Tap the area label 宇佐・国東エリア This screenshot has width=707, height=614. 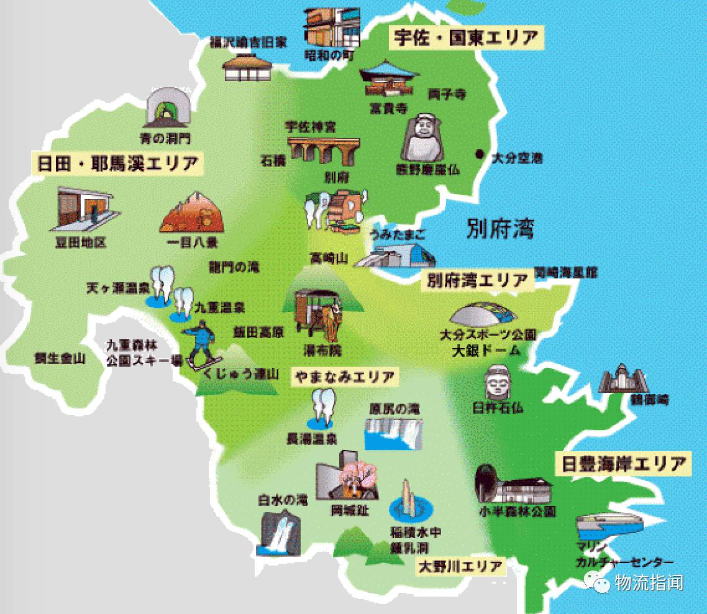pos(465,38)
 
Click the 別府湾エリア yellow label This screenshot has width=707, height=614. pos(477,281)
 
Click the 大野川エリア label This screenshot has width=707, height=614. pos(460,567)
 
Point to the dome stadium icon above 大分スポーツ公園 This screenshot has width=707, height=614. pos(483,314)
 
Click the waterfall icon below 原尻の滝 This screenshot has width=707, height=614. pos(393,433)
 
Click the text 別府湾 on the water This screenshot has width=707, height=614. pos(500,228)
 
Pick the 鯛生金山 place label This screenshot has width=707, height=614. pos(60,359)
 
